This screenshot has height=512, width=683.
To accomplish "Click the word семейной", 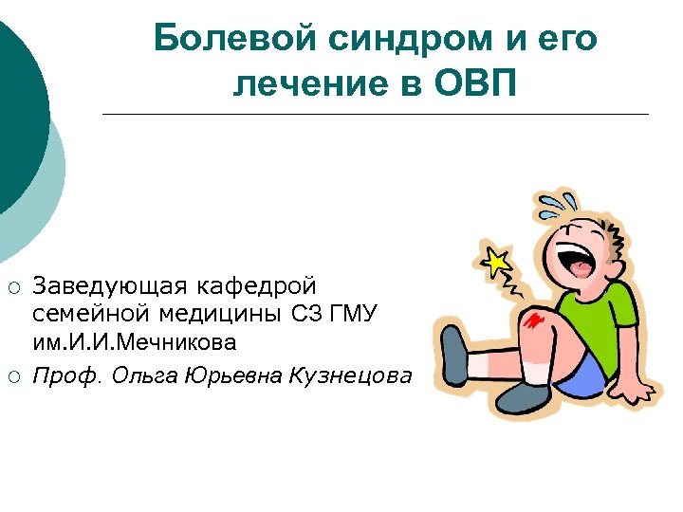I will [84, 313].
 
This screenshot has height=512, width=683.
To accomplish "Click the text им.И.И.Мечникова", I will [136, 340].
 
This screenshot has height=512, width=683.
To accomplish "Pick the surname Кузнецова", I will [350, 375].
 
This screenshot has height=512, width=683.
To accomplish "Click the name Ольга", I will [141, 375].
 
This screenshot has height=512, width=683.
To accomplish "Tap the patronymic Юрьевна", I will [229, 375].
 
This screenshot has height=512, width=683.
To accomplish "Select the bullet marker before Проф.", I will [12, 375].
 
